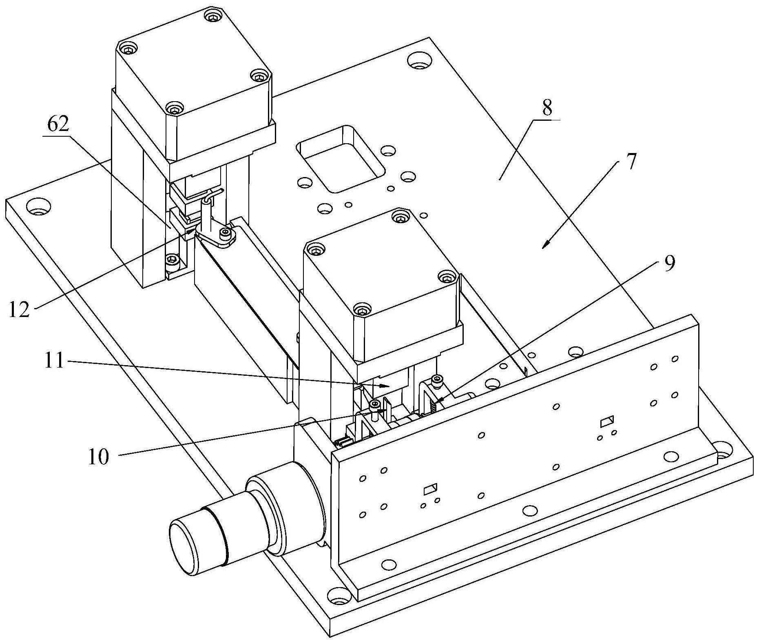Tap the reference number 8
pyautogui.click(x=547, y=108)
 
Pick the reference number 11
pyautogui.click(x=55, y=361)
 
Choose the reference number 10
pyautogui.click(x=99, y=457)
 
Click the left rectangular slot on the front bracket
pyautogui.click(x=430, y=488)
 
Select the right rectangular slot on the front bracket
pyautogui.click(x=606, y=421)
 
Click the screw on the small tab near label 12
pyautogui.click(x=225, y=233)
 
